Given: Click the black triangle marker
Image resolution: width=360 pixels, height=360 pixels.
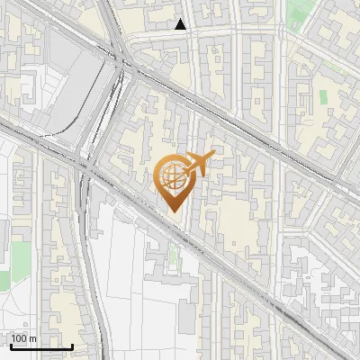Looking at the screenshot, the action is [x=181, y=24].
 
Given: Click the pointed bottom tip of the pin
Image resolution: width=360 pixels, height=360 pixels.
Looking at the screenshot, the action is [x=174, y=211].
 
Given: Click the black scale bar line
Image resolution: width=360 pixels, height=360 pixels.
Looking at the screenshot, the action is [x=40, y=346].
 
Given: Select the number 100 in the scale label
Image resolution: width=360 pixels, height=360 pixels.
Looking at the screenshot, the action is [x=19, y=338].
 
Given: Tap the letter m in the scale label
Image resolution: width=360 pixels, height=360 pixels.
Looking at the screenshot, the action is [x=33, y=338].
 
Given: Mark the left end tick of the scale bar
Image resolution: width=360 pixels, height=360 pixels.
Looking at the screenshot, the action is [x=10, y=345].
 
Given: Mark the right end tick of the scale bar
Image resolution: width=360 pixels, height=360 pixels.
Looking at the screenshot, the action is [x=72, y=345].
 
